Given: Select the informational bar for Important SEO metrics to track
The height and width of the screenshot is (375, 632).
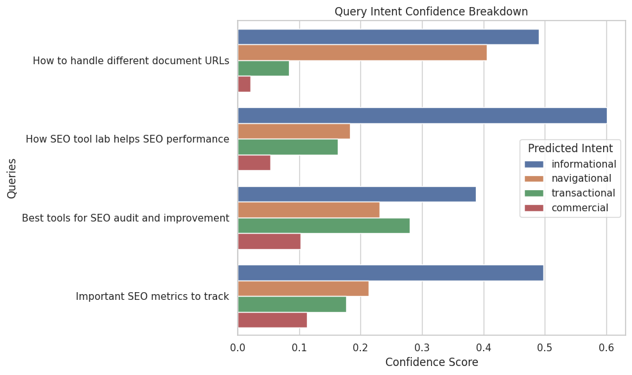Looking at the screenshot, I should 391,273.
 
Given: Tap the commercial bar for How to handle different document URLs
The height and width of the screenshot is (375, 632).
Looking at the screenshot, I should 244,84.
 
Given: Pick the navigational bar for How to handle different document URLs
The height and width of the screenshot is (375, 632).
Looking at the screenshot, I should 362,53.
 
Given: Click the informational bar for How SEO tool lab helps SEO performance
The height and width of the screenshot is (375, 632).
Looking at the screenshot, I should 422,116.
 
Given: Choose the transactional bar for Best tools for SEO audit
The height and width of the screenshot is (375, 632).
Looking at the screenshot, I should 324,226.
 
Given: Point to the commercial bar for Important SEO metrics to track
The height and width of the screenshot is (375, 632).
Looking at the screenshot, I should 272,320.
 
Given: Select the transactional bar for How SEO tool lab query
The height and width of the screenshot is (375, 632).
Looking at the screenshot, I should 288,147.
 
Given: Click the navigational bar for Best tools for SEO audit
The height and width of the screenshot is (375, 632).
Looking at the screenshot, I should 308,210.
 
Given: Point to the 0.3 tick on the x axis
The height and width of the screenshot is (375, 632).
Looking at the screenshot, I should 422,347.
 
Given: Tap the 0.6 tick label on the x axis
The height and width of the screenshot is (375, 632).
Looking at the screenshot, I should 606,347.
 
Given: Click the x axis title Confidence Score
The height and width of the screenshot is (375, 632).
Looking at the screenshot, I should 431,362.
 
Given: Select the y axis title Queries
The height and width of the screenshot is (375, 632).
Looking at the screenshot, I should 12,179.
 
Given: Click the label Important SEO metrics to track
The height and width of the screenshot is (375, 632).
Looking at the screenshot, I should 152,297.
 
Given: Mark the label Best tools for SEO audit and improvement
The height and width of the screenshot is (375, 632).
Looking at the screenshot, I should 125,218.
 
